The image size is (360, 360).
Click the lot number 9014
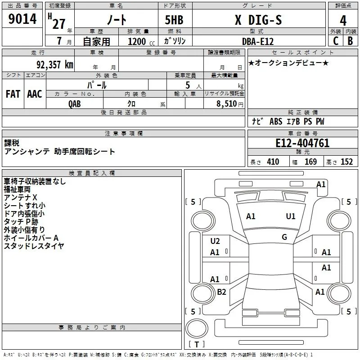pos(22,19)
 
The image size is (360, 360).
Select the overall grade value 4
pos(343,20)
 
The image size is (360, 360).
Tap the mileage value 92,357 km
pos(55,65)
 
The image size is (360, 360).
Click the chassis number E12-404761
pos(302,143)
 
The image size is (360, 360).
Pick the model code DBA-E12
pos(258,41)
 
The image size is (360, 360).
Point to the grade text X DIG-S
pos(258,20)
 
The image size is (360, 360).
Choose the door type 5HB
pos(174,20)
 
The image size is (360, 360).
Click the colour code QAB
pos(75,104)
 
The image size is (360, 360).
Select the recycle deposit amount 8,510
pos(227,104)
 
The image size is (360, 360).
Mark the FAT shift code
pos(13,94)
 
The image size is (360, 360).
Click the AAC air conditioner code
pos(35,94)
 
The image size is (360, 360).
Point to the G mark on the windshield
pos(284,237)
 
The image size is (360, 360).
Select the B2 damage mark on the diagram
pos(221,292)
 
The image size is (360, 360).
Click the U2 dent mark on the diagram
pos(215,241)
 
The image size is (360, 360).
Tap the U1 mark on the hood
pos(291,216)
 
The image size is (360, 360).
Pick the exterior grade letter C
pos(336,41)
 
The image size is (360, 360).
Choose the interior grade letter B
pos(350,41)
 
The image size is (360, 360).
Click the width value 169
pos(310,162)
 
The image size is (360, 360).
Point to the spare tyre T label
pos(197,344)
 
